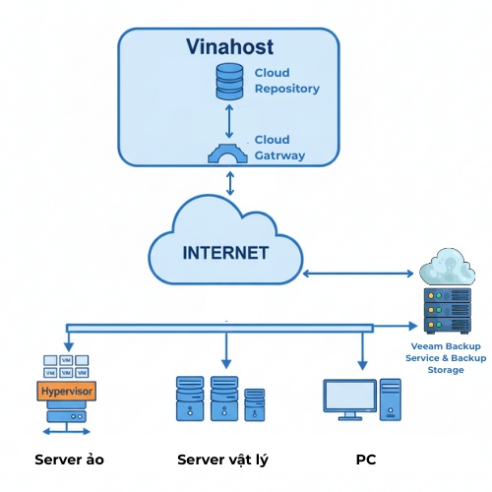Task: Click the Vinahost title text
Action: (x=231, y=46)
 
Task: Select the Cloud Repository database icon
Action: (x=229, y=81)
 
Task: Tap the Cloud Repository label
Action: (x=286, y=81)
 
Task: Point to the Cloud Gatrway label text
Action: (x=279, y=148)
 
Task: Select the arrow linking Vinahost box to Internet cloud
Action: (x=230, y=182)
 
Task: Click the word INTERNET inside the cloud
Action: (x=225, y=253)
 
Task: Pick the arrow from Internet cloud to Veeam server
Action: (x=359, y=273)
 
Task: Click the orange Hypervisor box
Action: (x=68, y=392)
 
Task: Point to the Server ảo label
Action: (x=69, y=460)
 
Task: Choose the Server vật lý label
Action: (x=222, y=460)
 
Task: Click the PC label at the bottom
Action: (x=365, y=460)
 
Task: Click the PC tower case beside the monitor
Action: (x=391, y=400)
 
